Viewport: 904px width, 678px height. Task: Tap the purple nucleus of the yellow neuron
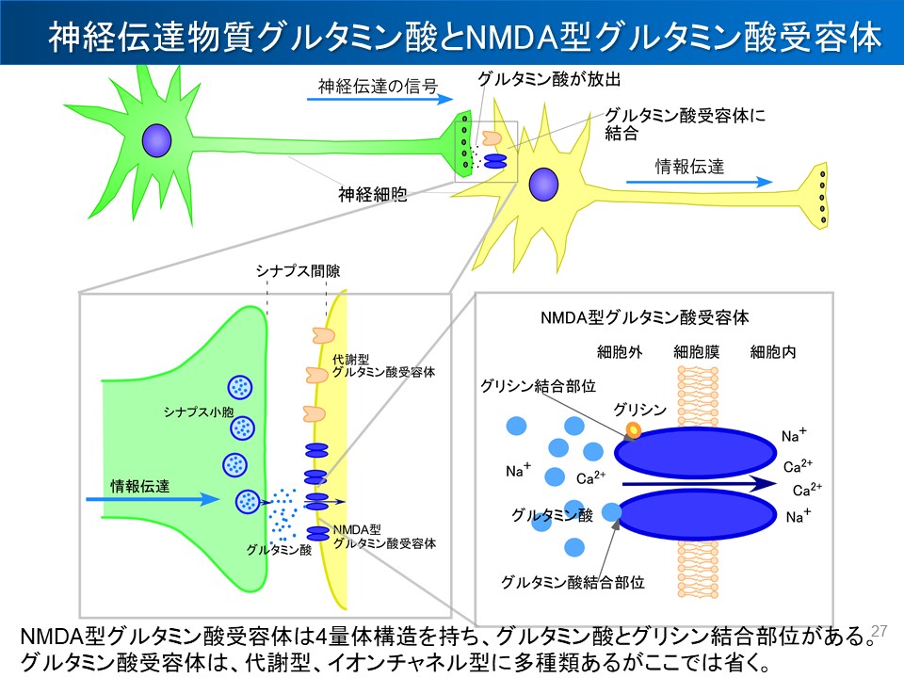click(542, 185)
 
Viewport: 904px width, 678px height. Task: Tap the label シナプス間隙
click(298, 271)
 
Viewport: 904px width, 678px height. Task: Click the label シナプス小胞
click(190, 412)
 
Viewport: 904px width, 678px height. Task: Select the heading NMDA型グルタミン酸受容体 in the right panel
click(645, 318)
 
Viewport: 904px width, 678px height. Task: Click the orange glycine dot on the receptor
click(633, 431)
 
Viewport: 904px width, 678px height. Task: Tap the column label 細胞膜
click(697, 353)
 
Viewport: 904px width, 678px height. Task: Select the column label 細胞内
click(773, 353)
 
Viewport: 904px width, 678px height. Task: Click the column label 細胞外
click(620, 353)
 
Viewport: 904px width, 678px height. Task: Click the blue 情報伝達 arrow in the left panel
click(160, 499)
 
